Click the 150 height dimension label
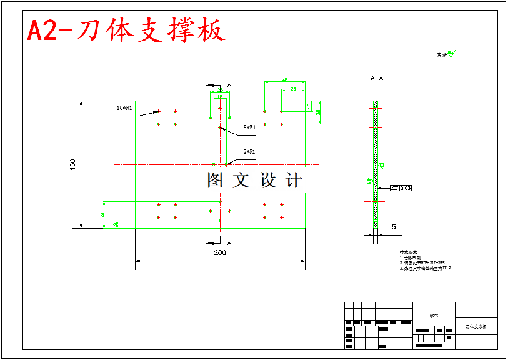[73, 164]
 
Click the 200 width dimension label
[220, 252]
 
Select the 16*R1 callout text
[124, 108]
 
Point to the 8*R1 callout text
[250, 127]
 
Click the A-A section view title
[377, 79]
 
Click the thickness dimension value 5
[394, 227]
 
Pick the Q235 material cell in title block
[434, 316]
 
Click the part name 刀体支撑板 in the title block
[476, 327]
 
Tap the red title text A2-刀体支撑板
[126, 31]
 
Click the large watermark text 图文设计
[254, 181]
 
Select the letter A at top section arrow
[229, 84]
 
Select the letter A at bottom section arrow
[229, 242]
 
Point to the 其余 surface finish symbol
[446, 54]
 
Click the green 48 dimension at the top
[285, 80]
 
